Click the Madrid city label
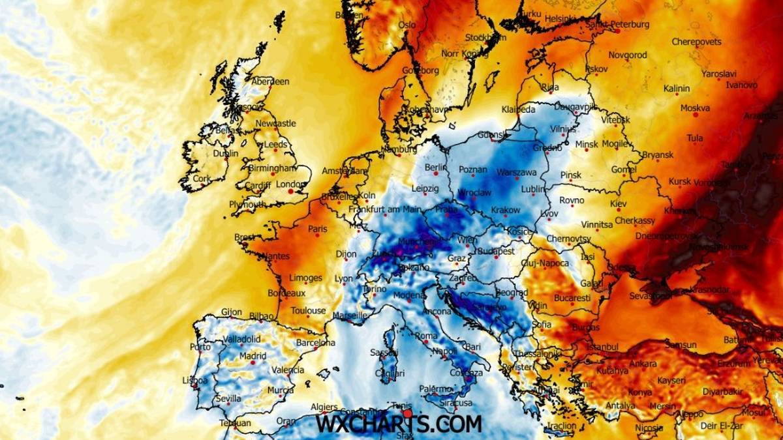coord(253,356)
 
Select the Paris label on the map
coord(318,229)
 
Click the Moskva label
coord(695,108)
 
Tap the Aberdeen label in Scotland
coord(271,81)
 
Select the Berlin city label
coord(436,168)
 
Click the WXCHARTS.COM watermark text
coord(398,424)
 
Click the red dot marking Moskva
coord(696,115)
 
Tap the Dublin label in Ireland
coord(226,154)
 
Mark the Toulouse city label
coord(308,311)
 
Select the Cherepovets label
coord(697,42)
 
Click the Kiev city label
coord(618,204)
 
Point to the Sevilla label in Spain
coord(228,398)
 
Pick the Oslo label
coord(407,25)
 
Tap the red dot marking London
coord(290,192)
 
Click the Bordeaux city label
coord(286,293)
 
